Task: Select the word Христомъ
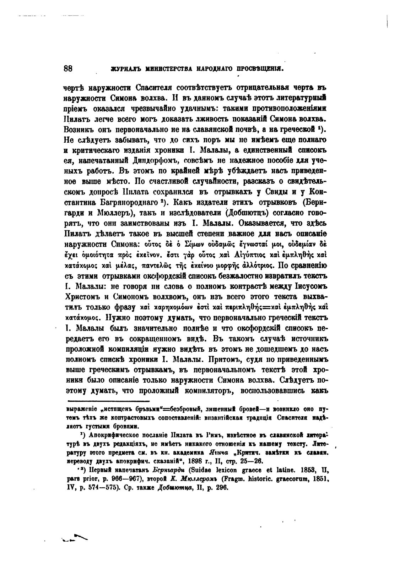click(84, 297)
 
